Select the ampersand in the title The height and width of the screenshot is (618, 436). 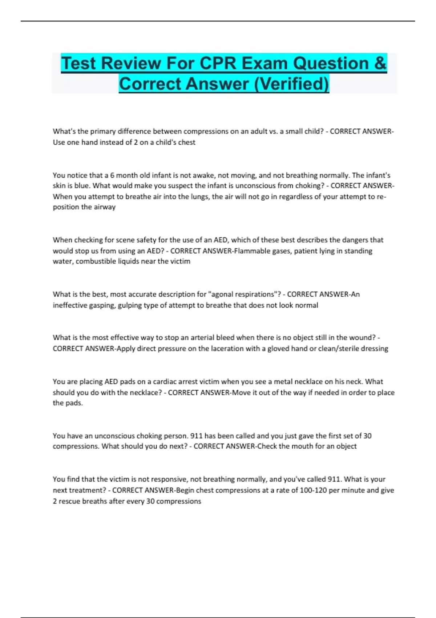click(x=380, y=63)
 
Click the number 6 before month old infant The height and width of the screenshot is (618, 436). click(x=112, y=175)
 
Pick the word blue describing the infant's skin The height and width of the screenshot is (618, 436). click(x=82, y=186)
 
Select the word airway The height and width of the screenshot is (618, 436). click(x=105, y=207)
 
